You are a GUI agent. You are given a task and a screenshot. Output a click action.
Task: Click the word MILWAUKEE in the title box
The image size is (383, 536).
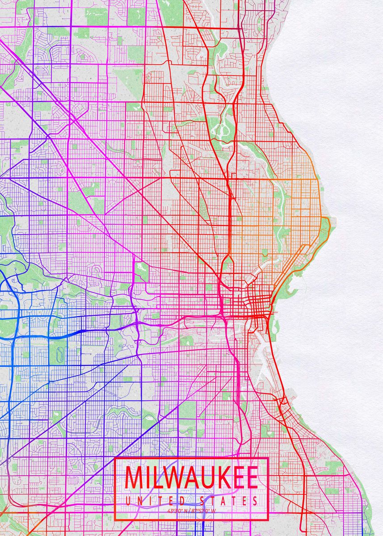tap(191, 477)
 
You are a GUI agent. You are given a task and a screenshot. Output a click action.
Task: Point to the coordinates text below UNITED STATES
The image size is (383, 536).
tap(191, 511)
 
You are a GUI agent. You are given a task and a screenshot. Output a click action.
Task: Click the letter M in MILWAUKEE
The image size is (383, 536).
tap(135, 477)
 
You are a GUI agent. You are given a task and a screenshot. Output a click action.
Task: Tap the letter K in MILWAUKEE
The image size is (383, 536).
tap(219, 477)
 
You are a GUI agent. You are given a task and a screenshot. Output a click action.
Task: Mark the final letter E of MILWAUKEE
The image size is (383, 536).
tap(252, 477)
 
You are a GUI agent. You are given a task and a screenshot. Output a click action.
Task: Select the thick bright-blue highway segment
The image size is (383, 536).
tap(67, 333)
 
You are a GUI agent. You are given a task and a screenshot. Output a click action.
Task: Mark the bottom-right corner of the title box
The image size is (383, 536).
tap(267, 520)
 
